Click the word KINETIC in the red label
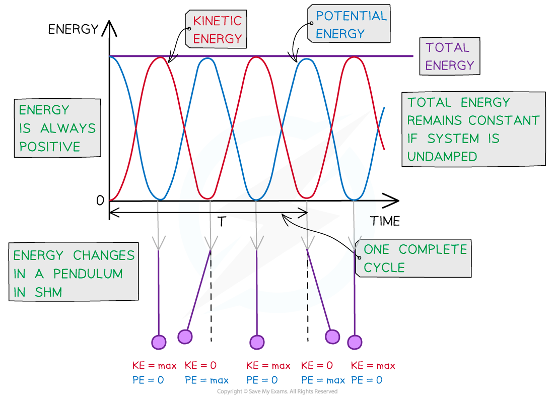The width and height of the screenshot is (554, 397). click(217, 21)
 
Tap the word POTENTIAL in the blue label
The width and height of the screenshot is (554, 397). click(351, 16)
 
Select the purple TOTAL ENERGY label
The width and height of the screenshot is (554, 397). click(449, 56)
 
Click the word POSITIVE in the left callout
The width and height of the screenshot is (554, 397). click(49, 147)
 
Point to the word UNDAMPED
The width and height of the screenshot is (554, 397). click(442, 157)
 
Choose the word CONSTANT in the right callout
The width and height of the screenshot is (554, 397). click(504, 121)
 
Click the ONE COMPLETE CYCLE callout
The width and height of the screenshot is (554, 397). click(415, 258)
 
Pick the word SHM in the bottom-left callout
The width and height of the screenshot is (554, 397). click(48, 292)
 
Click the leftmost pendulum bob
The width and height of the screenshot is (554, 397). click(159, 342)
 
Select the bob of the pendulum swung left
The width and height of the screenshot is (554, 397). click(185, 337)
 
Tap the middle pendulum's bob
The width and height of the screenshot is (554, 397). click(257, 342)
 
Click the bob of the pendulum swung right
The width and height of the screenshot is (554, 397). click(332, 336)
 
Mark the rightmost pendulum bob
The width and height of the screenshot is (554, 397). click(355, 342)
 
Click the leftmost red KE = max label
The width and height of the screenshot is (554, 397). click(154, 366)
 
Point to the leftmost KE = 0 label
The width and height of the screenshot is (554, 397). click(200, 366)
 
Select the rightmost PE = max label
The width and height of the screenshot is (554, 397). click(323, 380)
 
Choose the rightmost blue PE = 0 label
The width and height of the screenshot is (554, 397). click(367, 380)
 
